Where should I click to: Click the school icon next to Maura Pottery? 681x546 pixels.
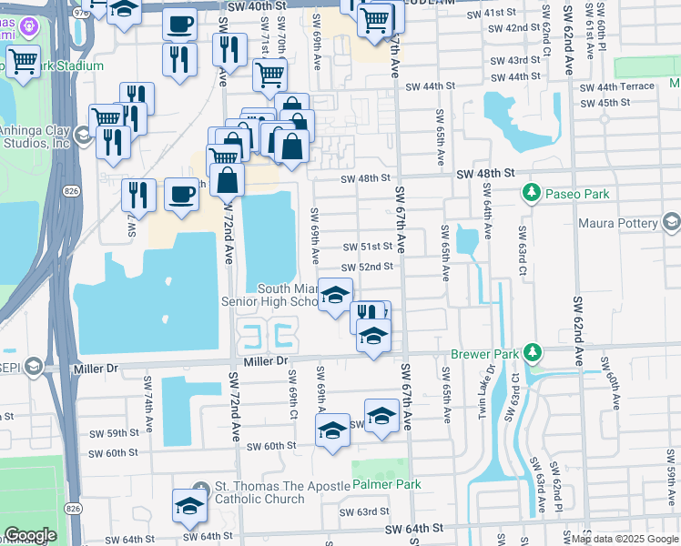[672, 223]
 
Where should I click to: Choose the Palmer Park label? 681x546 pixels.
[386, 485]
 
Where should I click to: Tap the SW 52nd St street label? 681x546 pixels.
[368, 267]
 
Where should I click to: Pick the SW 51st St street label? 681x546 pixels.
[368, 247]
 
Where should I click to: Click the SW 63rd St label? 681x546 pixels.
[364, 511]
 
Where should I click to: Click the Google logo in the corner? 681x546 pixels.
[29, 534]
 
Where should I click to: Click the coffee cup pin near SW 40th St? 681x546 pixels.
[180, 23]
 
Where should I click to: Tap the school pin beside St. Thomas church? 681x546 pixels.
[189, 507]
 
